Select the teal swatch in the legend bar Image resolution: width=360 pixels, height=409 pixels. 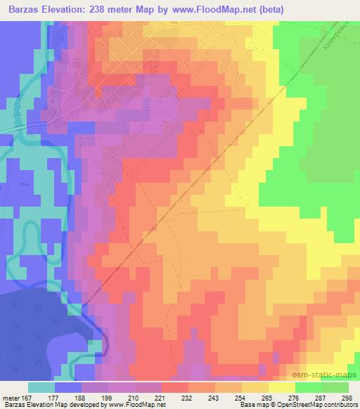[x=41, y=387]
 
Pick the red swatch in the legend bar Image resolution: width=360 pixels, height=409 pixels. [x=174, y=387]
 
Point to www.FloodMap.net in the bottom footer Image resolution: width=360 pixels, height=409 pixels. [x=138, y=405]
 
